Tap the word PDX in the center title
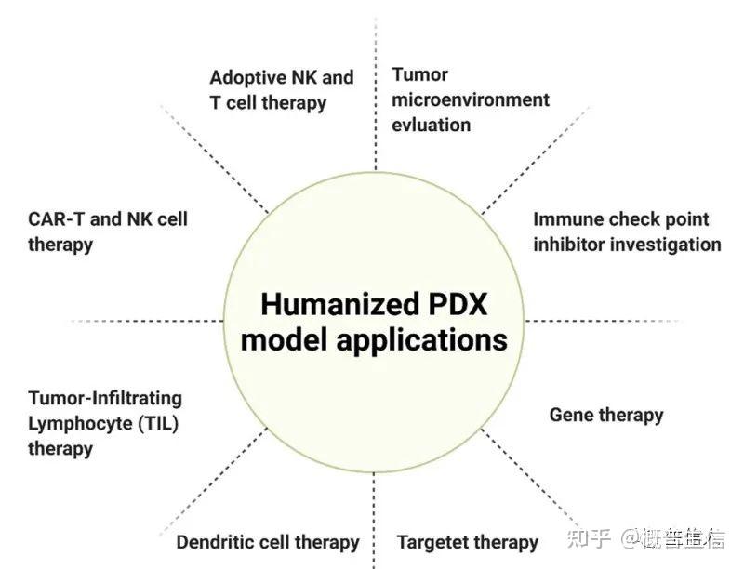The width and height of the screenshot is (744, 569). click(458, 304)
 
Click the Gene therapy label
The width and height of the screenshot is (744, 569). click(606, 415)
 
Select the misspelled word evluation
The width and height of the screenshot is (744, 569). click(431, 125)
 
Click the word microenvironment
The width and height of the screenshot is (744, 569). click(471, 99)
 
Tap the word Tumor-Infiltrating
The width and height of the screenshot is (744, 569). click(105, 398)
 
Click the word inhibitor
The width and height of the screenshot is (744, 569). click(571, 245)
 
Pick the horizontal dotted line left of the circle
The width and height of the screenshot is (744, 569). click(149, 321)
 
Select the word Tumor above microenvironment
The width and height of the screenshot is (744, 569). click(419, 74)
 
